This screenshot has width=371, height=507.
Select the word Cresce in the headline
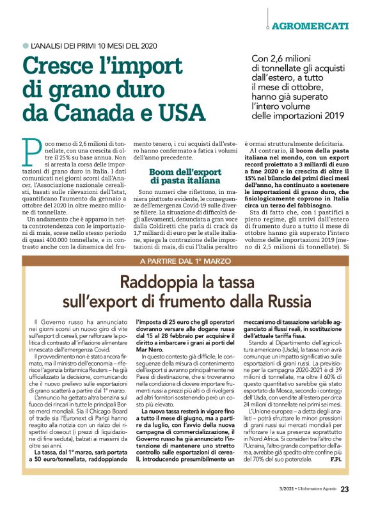click(63, 67)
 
